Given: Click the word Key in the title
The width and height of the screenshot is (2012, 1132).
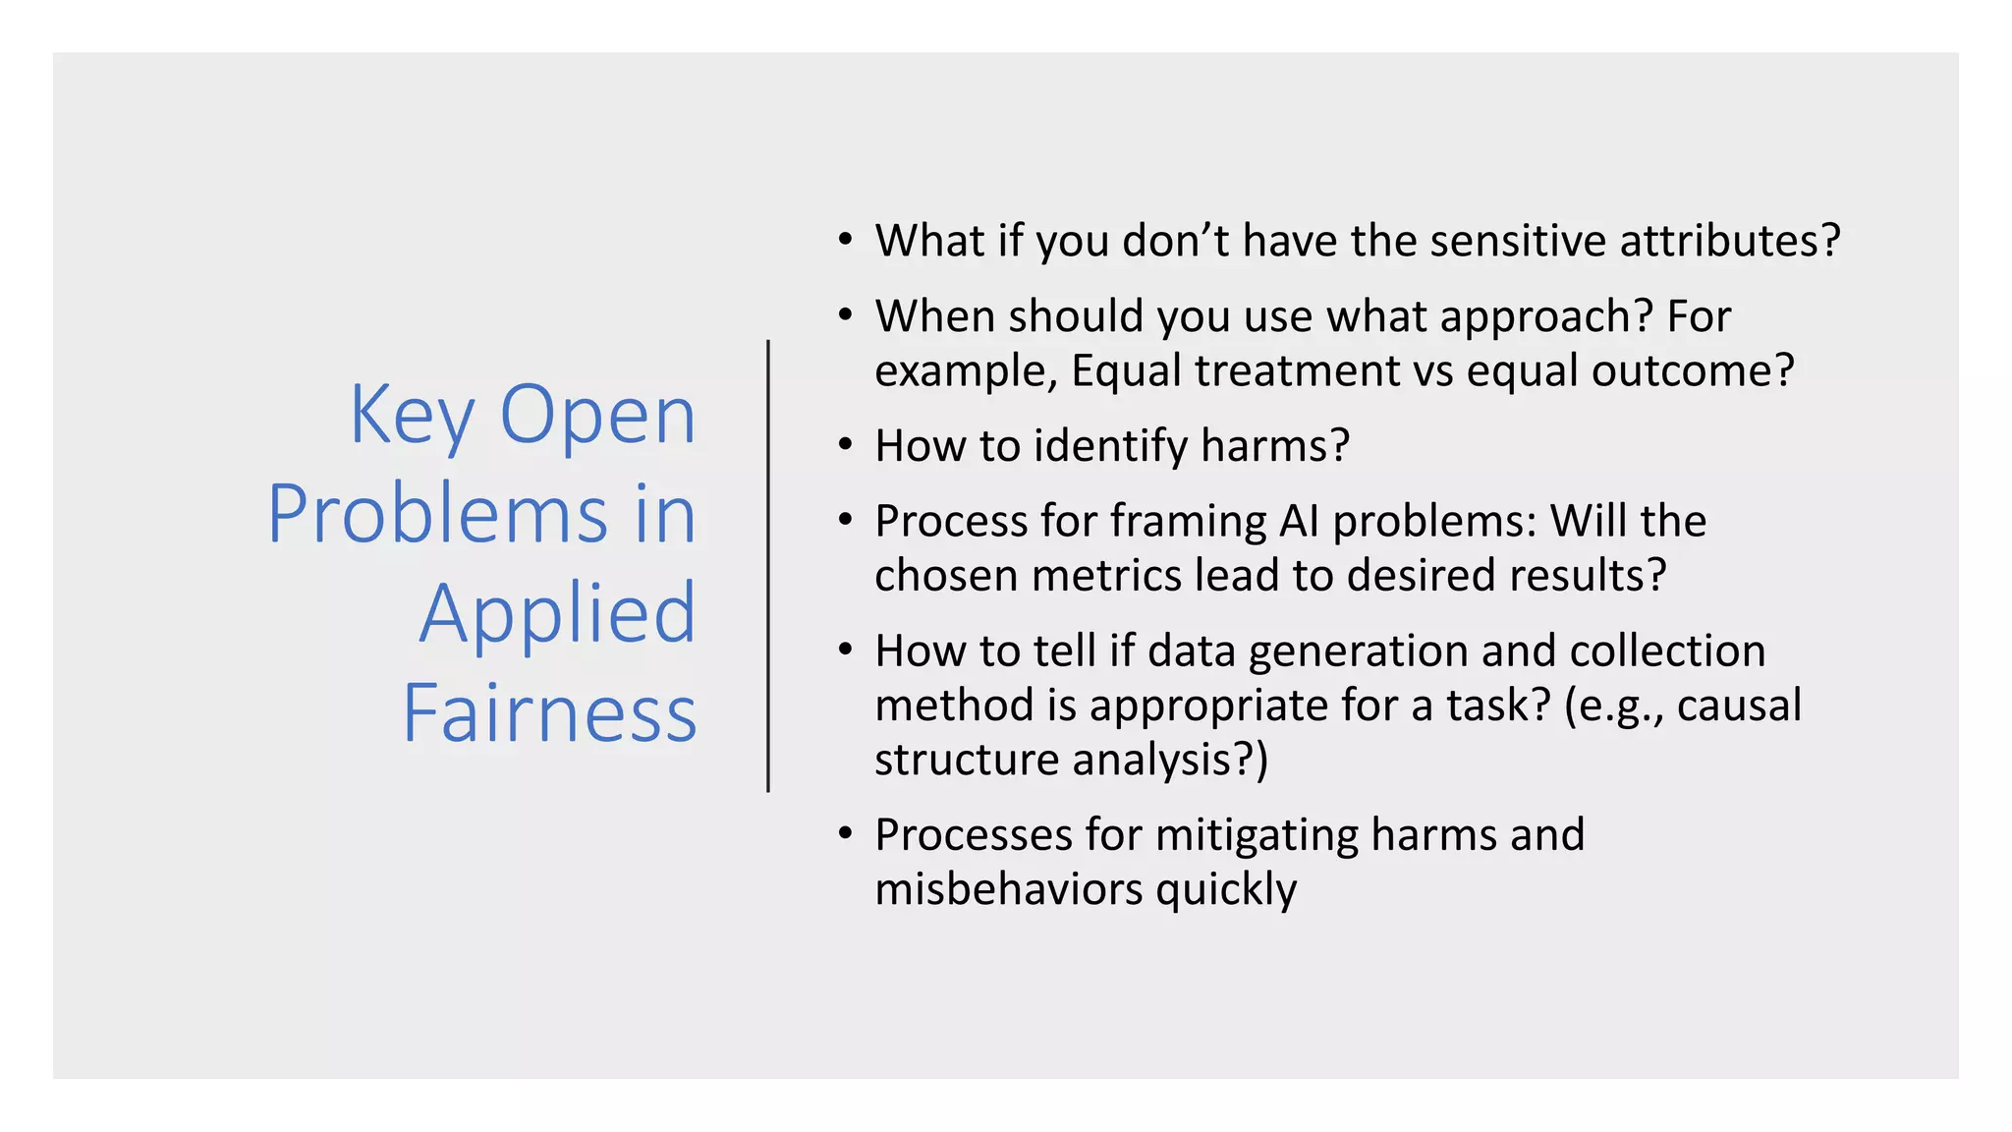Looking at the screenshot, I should [x=413, y=417].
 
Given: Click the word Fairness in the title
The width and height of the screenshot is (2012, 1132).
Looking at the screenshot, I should [x=549, y=713].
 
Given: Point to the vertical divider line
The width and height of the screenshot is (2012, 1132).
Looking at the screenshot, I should [x=768, y=566].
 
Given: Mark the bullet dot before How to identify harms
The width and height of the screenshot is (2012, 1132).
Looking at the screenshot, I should [x=845, y=445].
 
